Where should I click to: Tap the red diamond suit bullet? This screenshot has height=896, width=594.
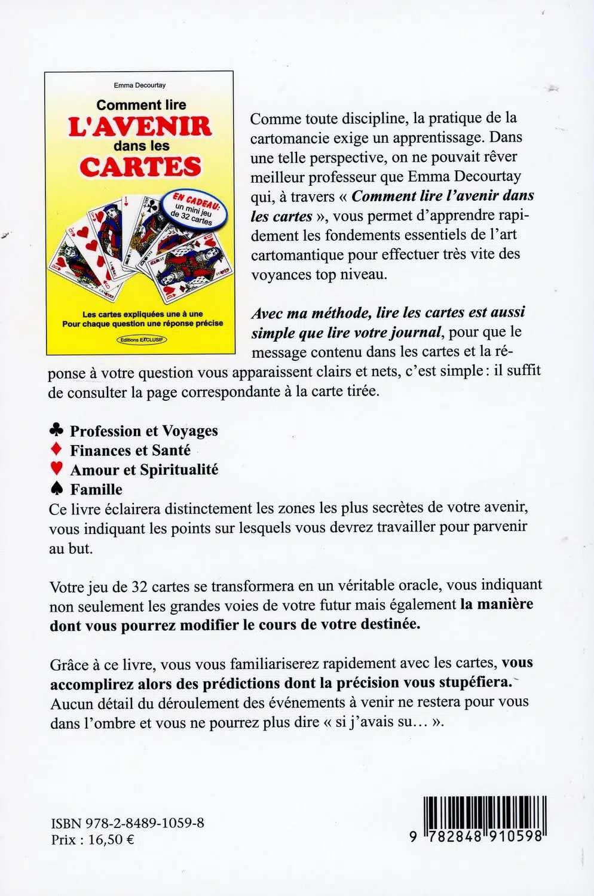pos(57,449)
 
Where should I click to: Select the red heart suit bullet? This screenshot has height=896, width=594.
pos(57,468)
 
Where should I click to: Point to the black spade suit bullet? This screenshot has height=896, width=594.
pos(57,489)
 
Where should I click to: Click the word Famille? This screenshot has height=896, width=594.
pos(96,489)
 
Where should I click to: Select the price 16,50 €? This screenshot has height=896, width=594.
pos(111,839)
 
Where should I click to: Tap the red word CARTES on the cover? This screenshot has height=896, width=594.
pos(140,167)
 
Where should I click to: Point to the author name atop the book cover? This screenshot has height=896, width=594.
pos(140,85)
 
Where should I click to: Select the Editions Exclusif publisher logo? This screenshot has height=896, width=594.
pos(142,339)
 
